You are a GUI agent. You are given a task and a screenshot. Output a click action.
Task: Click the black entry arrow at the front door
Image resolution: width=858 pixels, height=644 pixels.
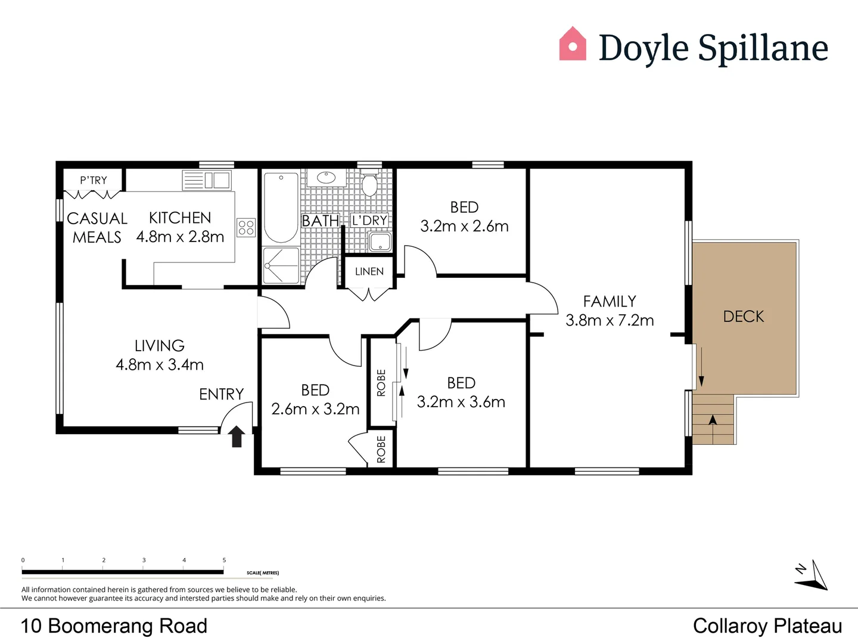(x=237, y=436)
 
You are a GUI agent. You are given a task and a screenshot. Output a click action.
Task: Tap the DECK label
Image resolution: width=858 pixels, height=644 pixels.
(x=743, y=317)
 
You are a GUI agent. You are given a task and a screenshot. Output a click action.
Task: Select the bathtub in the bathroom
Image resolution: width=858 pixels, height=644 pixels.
(x=281, y=207)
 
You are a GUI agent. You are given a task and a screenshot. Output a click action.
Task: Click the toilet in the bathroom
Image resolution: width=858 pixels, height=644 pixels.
(x=370, y=184)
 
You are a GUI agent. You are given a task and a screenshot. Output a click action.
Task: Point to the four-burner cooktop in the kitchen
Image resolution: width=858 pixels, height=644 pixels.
(x=246, y=227)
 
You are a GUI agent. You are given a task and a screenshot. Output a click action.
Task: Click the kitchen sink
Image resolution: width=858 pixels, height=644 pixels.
(x=217, y=180)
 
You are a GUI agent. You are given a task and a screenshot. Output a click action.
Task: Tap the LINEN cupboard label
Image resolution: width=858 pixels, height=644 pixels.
(x=369, y=272)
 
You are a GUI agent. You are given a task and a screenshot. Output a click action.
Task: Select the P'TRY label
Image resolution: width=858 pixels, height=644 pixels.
(x=94, y=180)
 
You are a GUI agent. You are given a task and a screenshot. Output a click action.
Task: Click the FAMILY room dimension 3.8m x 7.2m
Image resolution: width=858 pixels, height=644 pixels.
(x=610, y=320)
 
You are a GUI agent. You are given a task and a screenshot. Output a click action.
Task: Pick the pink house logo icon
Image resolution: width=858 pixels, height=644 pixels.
(x=573, y=44)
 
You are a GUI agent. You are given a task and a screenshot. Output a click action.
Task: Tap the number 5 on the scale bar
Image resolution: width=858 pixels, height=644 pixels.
(x=224, y=561)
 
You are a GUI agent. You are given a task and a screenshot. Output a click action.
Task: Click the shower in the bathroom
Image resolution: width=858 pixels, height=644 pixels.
(x=281, y=265)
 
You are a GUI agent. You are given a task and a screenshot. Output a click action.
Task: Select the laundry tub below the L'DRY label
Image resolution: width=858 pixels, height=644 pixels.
(x=380, y=242)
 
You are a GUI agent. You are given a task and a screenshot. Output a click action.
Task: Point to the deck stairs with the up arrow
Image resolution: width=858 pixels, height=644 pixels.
(x=713, y=420)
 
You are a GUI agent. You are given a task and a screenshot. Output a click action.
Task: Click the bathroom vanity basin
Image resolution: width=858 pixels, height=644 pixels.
(x=326, y=178)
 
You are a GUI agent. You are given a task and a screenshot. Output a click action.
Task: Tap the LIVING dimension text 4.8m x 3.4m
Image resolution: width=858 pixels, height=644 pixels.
(x=160, y=364)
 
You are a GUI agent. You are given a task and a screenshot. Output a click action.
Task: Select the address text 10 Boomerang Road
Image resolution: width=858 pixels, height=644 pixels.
(x=114, y=626)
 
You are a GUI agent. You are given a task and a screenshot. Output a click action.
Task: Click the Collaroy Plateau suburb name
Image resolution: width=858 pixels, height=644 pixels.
(x=767, y=626)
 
